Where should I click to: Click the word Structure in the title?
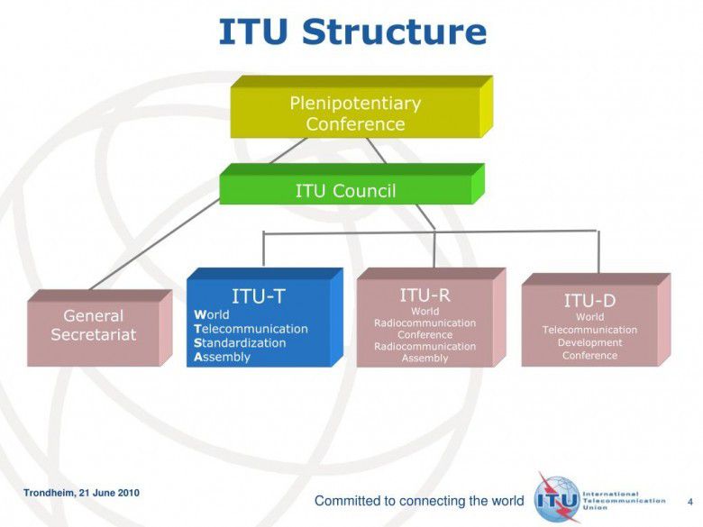point(394,32)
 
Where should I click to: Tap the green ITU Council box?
point(345,190)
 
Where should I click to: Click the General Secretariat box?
point(94,326)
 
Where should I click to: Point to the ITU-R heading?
point(425,295)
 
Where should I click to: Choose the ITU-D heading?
point(589,300)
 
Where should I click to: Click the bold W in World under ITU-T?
point(199,314)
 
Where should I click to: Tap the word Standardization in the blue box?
point(240,343)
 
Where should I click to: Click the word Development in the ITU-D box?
point(589,342)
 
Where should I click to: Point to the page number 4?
point(689,500)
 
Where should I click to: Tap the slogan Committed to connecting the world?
point(418,501)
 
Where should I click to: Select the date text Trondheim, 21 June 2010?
point(81,493)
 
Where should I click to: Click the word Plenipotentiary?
point(354,103)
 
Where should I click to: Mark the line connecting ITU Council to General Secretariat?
point(153,249)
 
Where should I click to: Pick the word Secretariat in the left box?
point(94,335)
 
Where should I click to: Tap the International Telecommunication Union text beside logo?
point(616,501)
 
